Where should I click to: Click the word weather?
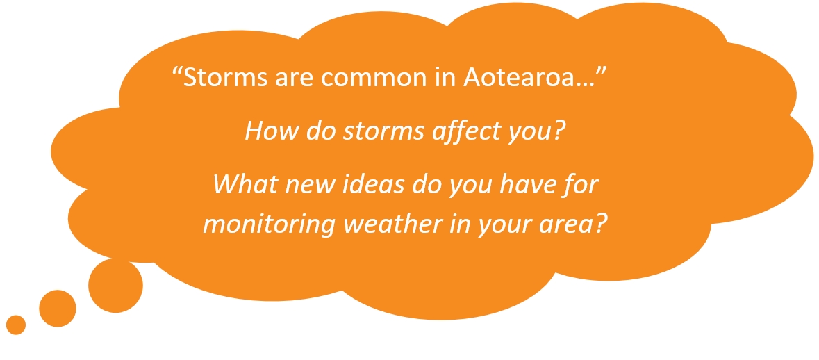point(387,223)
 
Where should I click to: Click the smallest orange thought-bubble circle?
point(16,325)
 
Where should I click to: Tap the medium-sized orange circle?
point(58,309)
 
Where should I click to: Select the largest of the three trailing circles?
point(115,285)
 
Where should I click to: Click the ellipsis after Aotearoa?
point(596,85)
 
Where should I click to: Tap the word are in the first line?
point(297,80)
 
